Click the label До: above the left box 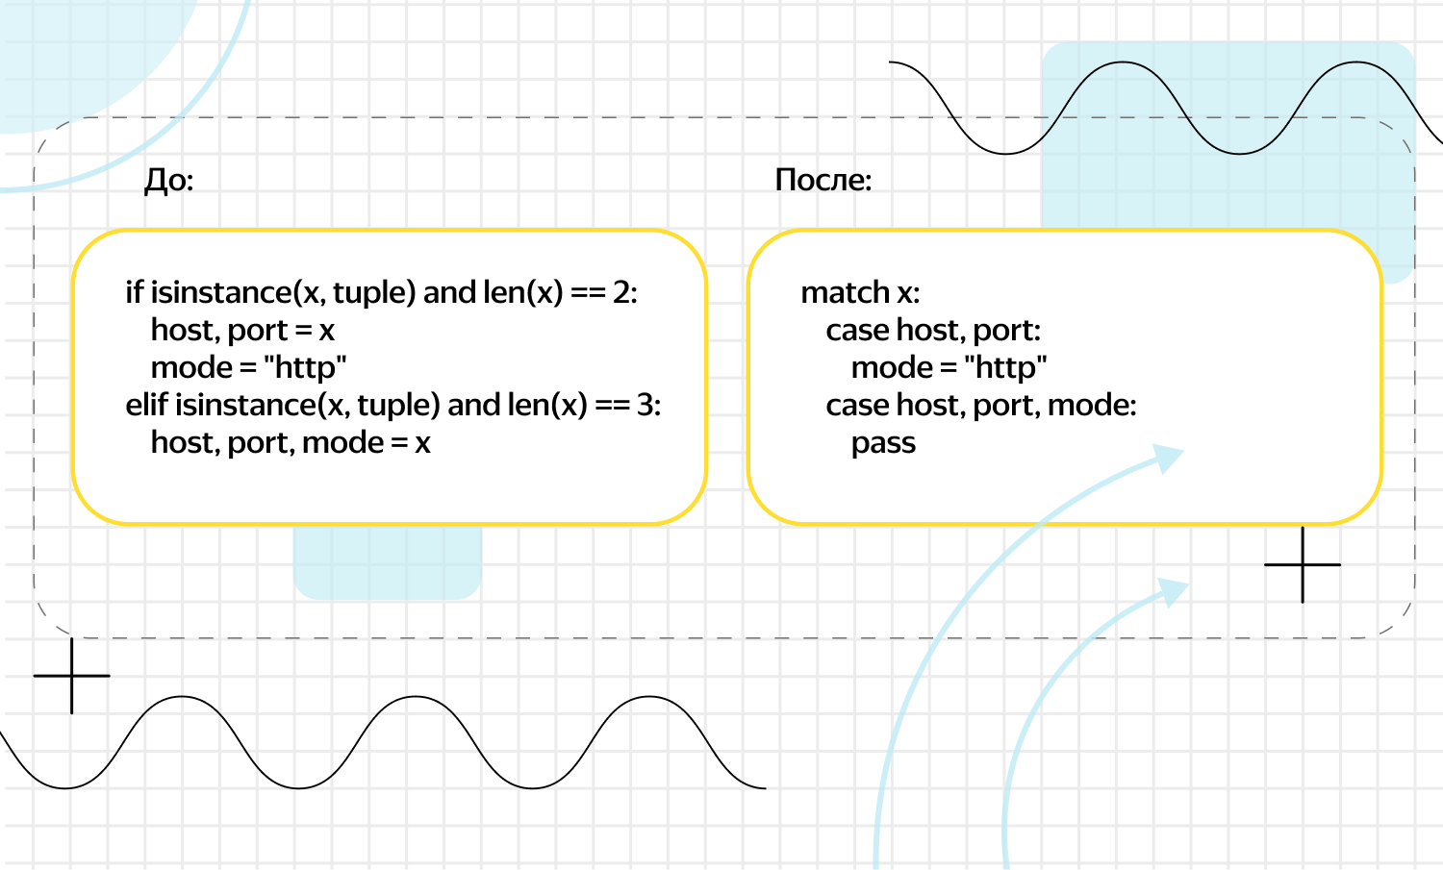click(x=168, y=181)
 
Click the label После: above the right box click(x=823, y=180)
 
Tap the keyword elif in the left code click(x=146, y=405)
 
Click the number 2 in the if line click(x=621, y=292)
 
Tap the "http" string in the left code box click(x=305, y=367)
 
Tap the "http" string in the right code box click(x=1005, y=367)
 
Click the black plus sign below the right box click(x=1303, y=564)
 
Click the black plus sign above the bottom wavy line click(x=71, y=676)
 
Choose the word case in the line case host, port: click(x=858, y=331)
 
